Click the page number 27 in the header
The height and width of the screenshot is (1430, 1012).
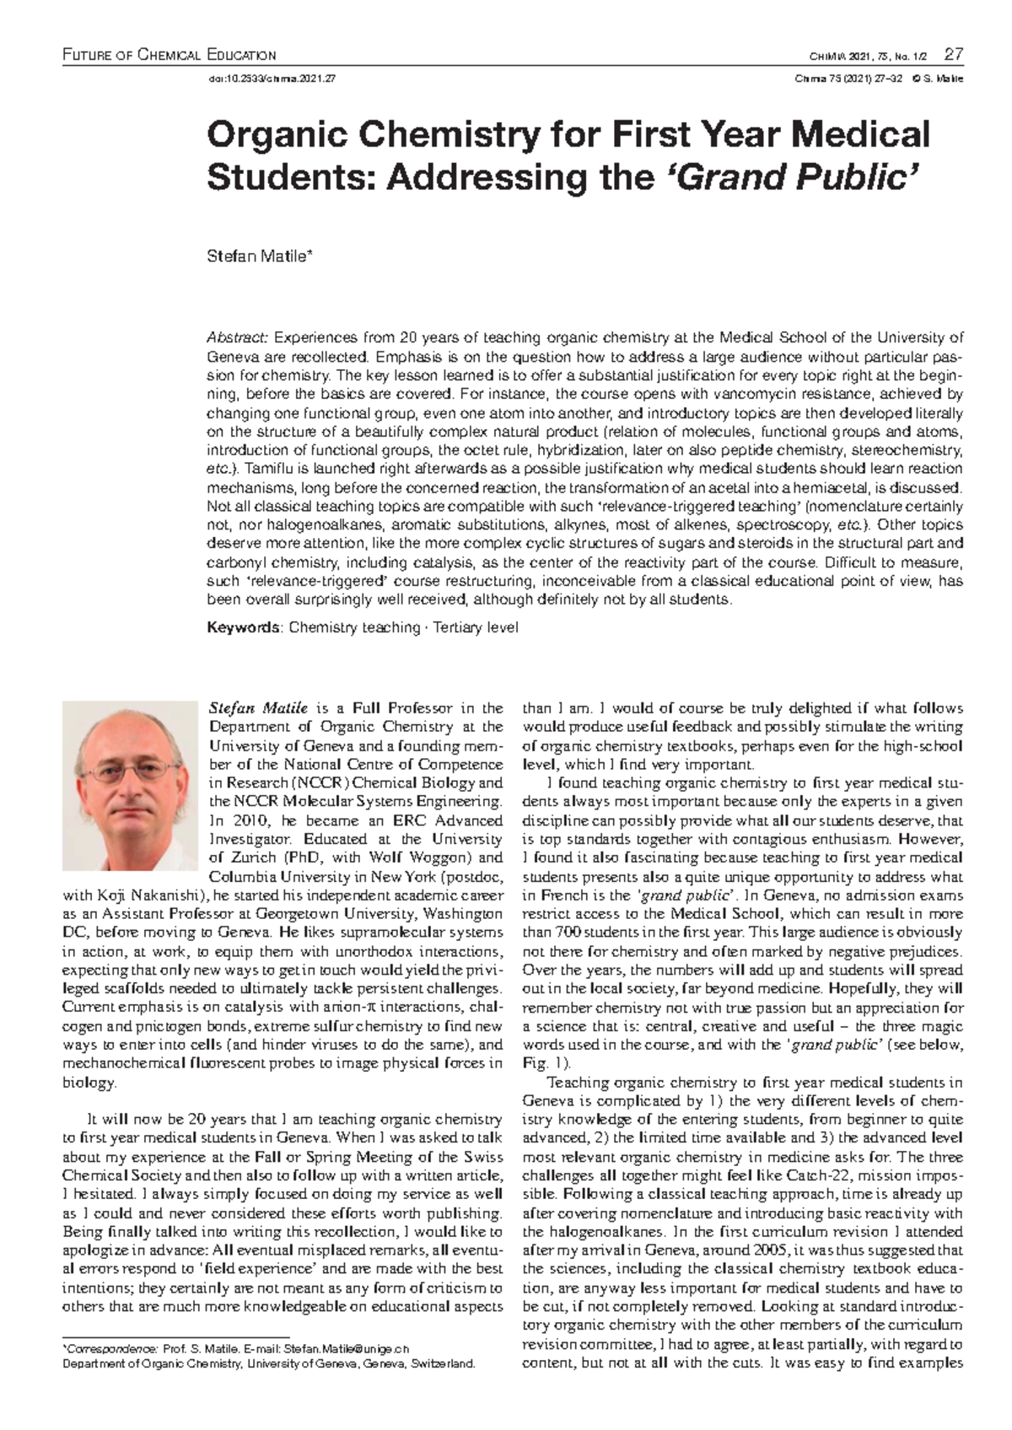click(954, 56)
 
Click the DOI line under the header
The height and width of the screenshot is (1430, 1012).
click(272, 79)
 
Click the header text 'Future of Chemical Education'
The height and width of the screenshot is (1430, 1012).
click(170, 56)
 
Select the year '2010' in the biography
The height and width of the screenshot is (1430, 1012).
click(246, 820)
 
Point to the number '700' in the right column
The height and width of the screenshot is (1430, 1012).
click(566, 933)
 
